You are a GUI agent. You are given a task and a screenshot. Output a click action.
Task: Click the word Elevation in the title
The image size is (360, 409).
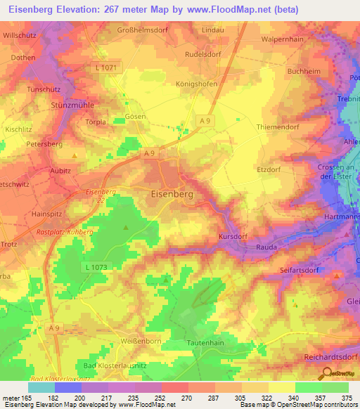pos(82,10)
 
